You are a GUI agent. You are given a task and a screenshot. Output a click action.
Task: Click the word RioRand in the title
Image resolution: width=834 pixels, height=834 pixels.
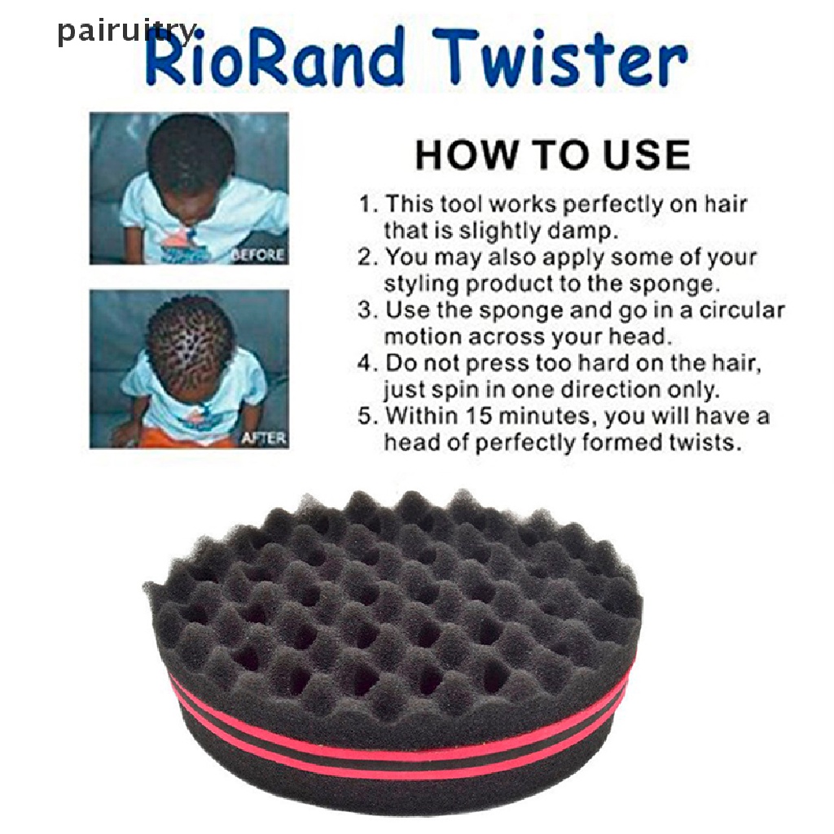(x=274, y=58)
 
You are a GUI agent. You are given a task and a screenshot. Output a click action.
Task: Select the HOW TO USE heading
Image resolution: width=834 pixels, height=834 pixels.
(x=553, y=155)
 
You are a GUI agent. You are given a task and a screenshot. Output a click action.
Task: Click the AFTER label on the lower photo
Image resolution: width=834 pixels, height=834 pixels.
(x=264, y=438)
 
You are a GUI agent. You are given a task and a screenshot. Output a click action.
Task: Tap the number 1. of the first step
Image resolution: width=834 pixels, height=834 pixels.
(x=368, y=204)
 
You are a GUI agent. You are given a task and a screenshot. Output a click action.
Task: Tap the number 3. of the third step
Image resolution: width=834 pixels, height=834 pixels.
(x=368, y=310)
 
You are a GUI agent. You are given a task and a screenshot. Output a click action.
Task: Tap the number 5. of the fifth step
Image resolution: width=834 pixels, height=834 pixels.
(x=368, y=416)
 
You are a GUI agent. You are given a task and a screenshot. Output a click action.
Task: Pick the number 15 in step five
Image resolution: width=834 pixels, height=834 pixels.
(x=477, y=416)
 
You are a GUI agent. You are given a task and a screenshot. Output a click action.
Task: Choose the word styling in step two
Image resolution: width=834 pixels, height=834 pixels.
(x=421, y=284)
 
